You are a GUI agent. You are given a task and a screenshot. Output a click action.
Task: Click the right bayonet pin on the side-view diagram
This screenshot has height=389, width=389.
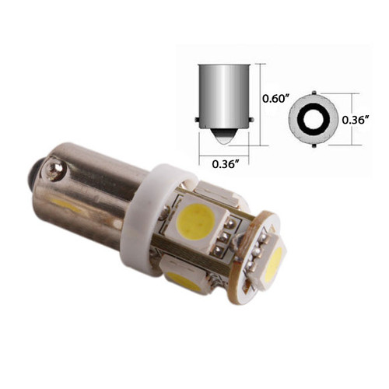click(x=251, y=120)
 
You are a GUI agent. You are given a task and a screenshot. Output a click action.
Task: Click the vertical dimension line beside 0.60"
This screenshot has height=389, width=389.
click(x=259, y=99)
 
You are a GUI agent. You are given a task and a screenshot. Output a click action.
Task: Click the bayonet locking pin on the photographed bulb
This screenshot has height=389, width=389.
click(x=53, y=164)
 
